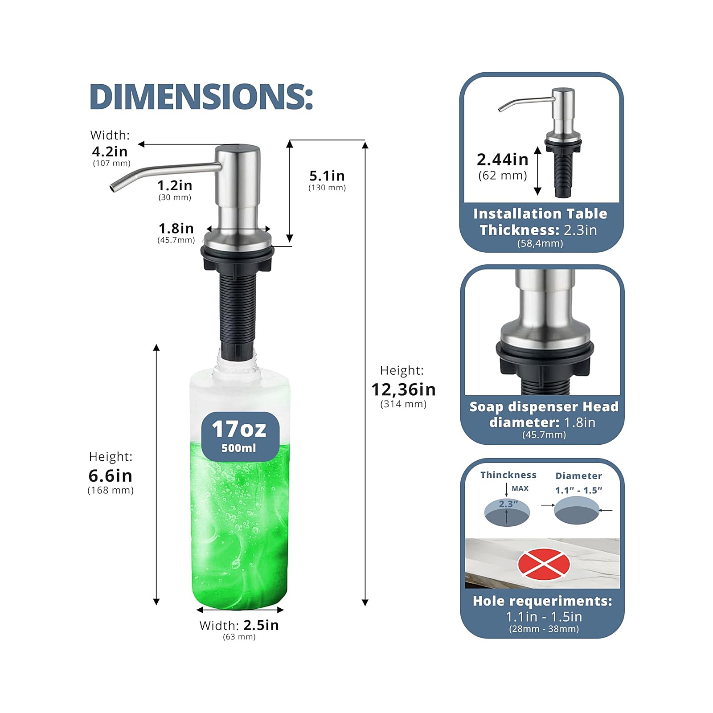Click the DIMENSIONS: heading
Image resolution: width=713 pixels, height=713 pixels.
[x=201, y=96]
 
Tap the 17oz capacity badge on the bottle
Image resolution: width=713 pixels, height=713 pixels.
[x=240, y=436]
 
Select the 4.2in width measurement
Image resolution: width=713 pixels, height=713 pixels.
[x=110, y=152]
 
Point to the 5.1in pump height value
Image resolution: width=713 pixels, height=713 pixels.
[x=327, y=176]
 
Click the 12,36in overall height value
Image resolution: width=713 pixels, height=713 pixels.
[x=403, y=389]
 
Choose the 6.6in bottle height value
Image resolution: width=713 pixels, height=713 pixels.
[x=111, y=476]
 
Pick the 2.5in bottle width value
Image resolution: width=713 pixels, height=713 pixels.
[x=261, y=625]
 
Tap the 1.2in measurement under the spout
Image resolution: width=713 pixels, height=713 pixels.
[x=175, y=185]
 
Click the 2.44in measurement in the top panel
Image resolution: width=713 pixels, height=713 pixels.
[x=502, y=160]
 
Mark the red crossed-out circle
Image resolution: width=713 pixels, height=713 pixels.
[x=544, y=564]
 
